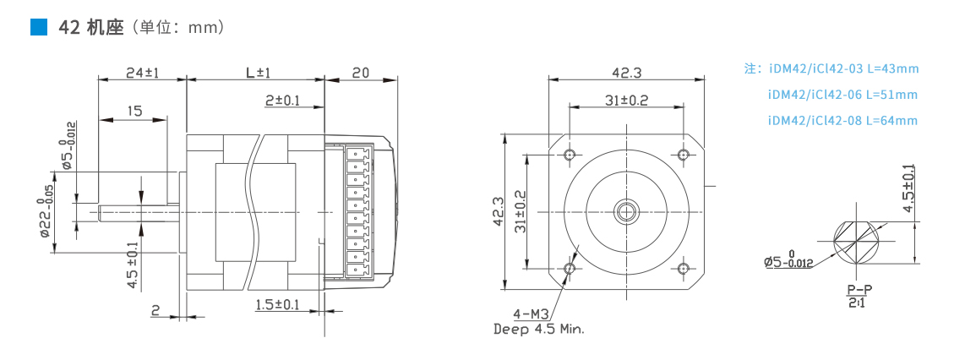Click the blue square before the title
pyautogui.click(x=39, y=27)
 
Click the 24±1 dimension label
pyautogui.click(x=142, y=72)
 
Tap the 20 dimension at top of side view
pyautogui.click(x=361, y=72)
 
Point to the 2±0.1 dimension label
pyautogui.click(x=282, y=101)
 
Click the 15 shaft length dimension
pyautogui.click(x=134, y=111)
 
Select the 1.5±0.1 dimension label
pyautogui.click(x=277, y=304)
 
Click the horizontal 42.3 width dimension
pyautogui.click(x=626, y=72)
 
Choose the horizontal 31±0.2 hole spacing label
pyautogui.click(x=626, y=101)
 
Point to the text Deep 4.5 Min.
pyautogui.click(x=538, y=330)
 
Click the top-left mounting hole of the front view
pyautogui.click(x=570, y=154)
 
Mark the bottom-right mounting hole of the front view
pyautogui.click(x=683, y=268)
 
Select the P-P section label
pyautogui.click(x=859, y=290)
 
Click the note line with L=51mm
pyautogui.click(x=842, y=95)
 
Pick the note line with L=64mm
pyautogui.click(x=842, y=121)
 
